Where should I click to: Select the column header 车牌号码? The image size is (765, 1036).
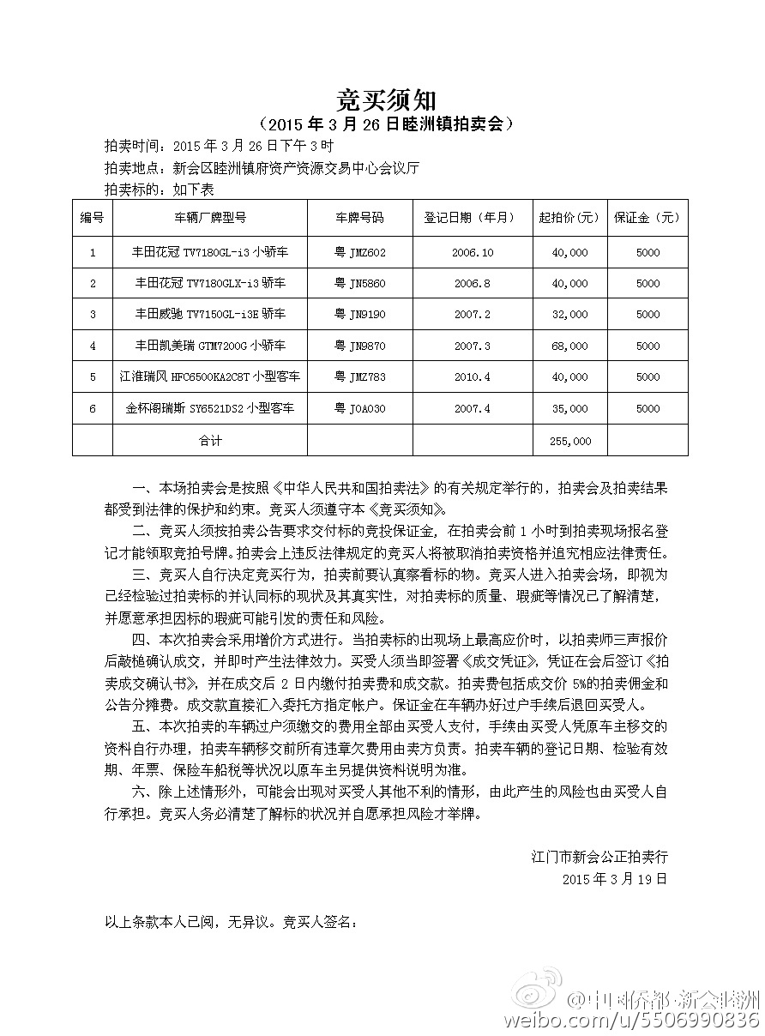360,218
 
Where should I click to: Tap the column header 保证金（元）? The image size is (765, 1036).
648,218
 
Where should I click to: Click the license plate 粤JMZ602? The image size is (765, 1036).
360,252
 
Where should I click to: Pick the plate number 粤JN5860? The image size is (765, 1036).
360,283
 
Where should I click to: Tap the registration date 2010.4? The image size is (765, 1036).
473,377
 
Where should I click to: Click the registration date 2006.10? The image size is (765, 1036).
473,252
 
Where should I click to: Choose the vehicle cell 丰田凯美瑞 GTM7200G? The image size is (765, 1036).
210,346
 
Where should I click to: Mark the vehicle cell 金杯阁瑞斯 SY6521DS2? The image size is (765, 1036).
210,409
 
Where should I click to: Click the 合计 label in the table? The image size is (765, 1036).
210,441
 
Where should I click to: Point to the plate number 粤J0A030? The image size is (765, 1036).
360,409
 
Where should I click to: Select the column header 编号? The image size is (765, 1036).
93,218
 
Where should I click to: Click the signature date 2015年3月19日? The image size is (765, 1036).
614,879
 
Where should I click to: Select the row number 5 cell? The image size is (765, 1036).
93,377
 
